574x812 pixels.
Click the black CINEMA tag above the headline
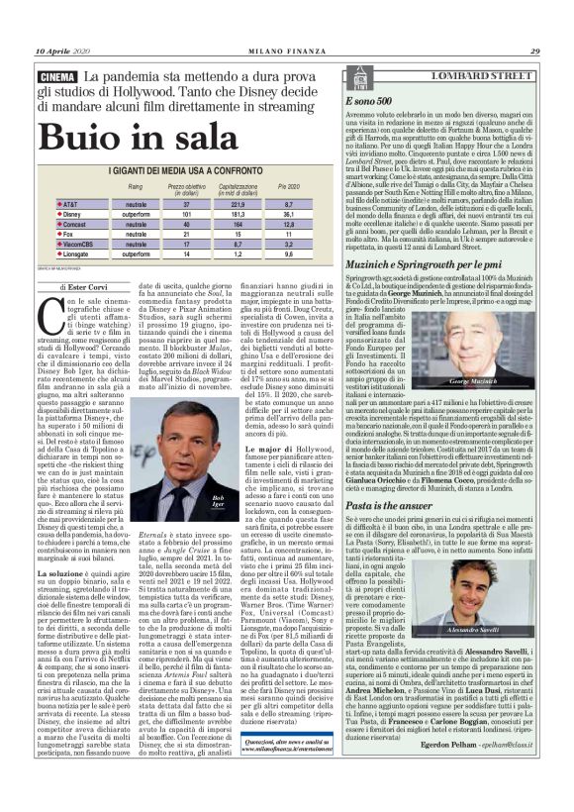(55, 77)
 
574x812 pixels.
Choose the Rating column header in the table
(135, 186)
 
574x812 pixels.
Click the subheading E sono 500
(361, 101)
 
